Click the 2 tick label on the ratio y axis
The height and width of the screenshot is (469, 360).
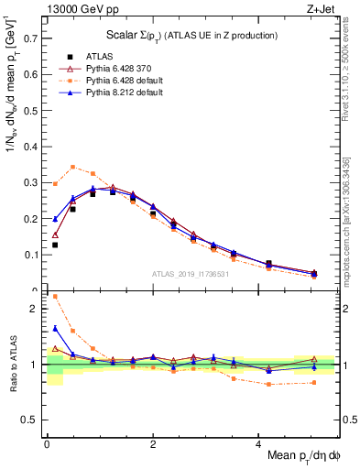coord(35,309)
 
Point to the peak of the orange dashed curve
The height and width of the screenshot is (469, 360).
coord(72,167)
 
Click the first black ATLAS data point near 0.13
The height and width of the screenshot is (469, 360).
coord(55,245)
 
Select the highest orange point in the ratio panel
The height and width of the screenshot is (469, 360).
coord(55,296)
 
